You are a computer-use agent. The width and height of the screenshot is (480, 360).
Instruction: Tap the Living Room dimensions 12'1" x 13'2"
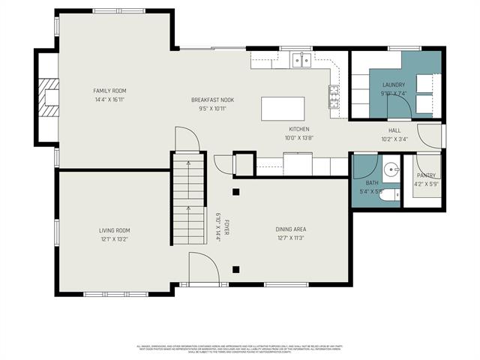[x=114, y=239]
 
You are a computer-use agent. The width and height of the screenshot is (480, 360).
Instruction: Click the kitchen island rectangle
[x=283, y=109]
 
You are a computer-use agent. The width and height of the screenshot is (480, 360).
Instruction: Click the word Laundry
[x=393, y=85]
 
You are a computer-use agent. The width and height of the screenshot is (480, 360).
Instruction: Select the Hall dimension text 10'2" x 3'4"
[x=394, y=139]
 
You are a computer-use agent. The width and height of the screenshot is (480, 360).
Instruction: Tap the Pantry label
[x=425, y=175]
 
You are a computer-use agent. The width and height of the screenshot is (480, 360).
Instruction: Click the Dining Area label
[x=290, y=229]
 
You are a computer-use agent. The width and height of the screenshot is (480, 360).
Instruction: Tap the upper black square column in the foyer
[x=235, y=191]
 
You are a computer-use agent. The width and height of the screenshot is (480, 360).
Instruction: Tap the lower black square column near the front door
[x=235, y=269]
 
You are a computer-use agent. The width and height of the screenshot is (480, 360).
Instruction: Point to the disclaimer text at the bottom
[x=239, y=349]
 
